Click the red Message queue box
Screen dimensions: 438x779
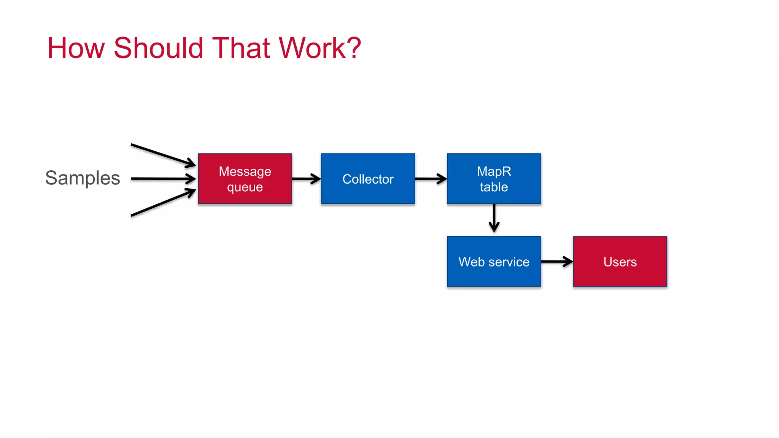pyautogui.click(x=245, y=179)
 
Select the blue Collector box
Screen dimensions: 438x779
pyautogui.click(x=368, y=179)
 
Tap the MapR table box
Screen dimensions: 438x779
pyautogui.click(x=494, y=179)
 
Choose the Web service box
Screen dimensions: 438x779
pyautogui.click(x=494, y=262)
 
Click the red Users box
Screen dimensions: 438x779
pyautogui.click(x=620, y=262)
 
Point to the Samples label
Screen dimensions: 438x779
pyautogui.click(x=83, y=178)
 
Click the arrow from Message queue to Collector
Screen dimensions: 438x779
pyautogui.click(x=306, y=179)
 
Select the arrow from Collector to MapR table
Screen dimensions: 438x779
pyautogui.click(x=431, y=179)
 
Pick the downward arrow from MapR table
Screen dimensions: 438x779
pyautogui.click(x=494, y=219)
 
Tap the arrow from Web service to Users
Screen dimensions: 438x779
pyautogui.click(x=557, y=262)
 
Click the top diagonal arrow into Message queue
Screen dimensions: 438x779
pyautogui.click(x=163, y=155)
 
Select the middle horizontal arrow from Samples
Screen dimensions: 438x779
pyautogui.click(x=163, y=179)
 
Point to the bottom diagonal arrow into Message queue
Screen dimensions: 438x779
pyautogui.click(x=163, y=203)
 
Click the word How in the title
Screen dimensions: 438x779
pyautogui.click(x=76, y=48)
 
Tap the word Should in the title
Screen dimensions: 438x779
pyautogui.click(x=158, y=48)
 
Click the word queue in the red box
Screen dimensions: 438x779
pyautogui.click(x=245, y=187)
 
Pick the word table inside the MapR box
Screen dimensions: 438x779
pyautogui.click(x=494, y=187)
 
